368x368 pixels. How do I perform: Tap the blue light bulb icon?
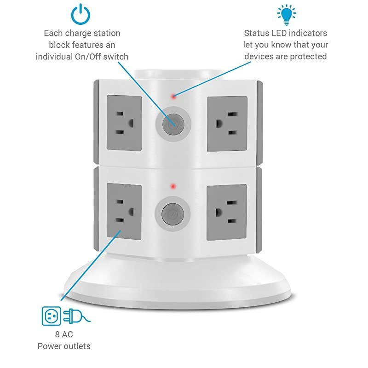[x=286, y=14]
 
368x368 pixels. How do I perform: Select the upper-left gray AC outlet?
[x=124, y=123]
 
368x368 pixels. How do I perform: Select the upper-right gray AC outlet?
[x=227, y=124]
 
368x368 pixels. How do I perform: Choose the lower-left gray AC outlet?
[x=124, y=211]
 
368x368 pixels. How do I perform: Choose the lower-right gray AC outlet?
[x=227, y=211]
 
